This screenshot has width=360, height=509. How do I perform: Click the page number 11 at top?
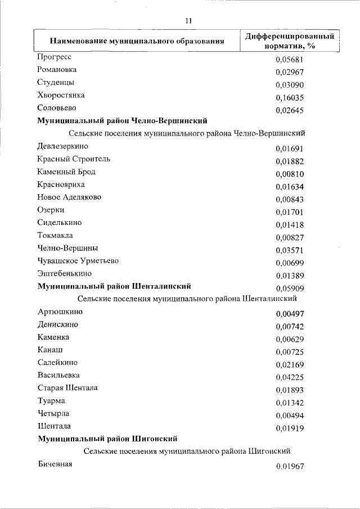click(x=188, y=21)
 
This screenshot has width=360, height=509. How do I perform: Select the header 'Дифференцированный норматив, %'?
click(x=290, y=40)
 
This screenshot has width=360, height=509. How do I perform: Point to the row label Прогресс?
click(x=54, y=57)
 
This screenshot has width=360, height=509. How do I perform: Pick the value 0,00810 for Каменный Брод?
click(x=290, y=174)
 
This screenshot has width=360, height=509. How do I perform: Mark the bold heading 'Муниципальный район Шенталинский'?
click(x=118, y=286)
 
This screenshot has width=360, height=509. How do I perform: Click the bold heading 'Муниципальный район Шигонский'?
click(x=108, y=438)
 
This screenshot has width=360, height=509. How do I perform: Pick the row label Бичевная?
click(x=55, y=464)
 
